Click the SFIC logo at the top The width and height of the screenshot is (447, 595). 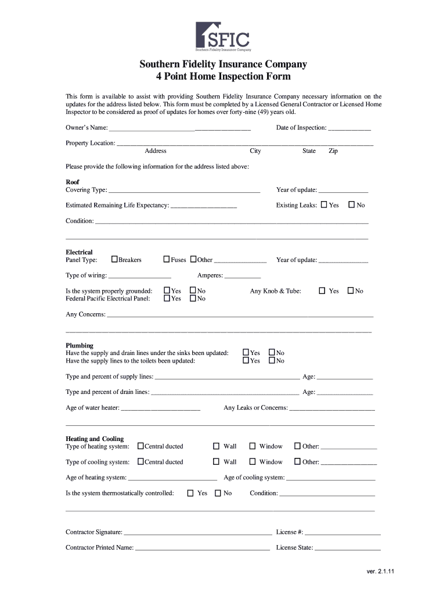[x=223, y=37]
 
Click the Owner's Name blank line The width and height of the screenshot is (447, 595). [x=179, y=128]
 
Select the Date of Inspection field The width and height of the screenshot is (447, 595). [x=349, y=128]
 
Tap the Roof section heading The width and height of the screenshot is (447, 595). [x=73, y=182]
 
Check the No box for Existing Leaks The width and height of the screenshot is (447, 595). [x=351, y=205]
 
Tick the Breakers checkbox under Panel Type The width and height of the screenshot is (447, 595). [x=114, y=259]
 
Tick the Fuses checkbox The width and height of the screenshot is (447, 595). [x=167, y=259]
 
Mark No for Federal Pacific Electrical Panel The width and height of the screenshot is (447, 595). [x=193, y=298]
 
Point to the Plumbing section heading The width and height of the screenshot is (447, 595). [x=80, y=345]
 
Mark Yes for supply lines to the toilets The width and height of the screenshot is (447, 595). [x=246, y=360]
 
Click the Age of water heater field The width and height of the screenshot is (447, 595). [x=160, y=408]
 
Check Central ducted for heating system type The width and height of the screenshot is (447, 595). [x=140, y=446]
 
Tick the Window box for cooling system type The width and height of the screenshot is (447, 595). [x=253, y=462]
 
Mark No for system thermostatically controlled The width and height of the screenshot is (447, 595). [x=218, y=493]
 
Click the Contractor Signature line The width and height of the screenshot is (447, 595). [x=197, y=532]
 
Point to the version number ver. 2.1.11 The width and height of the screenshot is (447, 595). [x=380, y=571]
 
